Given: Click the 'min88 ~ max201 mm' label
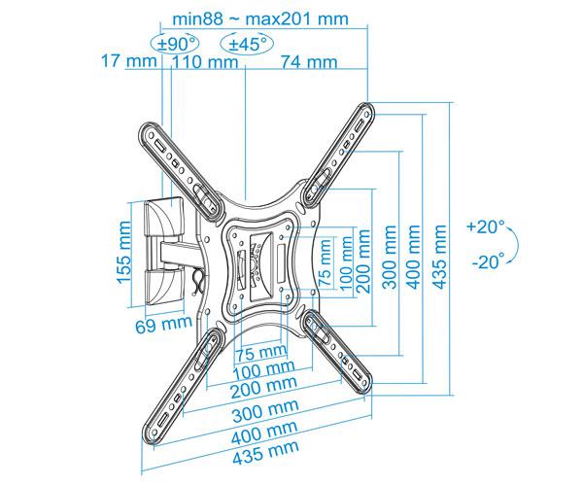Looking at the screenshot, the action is pos(260,17).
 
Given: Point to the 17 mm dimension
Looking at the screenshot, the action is pos(129,60).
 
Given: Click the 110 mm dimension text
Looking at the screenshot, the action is pos(204,61).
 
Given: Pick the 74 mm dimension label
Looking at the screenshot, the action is pos(309,61).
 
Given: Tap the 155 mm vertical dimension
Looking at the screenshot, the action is pos(123,253).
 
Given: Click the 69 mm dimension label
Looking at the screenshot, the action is pos(163,325).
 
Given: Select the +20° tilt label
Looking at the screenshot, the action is pos(486,226).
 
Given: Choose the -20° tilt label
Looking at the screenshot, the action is pos(489,261).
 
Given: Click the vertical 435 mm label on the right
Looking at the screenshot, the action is pos(439,257).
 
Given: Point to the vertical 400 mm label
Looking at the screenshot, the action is pos(413,257).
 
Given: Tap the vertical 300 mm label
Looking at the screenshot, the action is pos(390,257).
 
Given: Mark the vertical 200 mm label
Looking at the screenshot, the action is pos(362,261).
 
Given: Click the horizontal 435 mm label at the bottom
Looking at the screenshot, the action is pos(265,453).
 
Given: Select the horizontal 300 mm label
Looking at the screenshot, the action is pos(265,410).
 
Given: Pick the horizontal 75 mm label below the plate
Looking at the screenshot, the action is pos(261,352).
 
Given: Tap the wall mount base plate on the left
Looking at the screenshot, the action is pos(163,253).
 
